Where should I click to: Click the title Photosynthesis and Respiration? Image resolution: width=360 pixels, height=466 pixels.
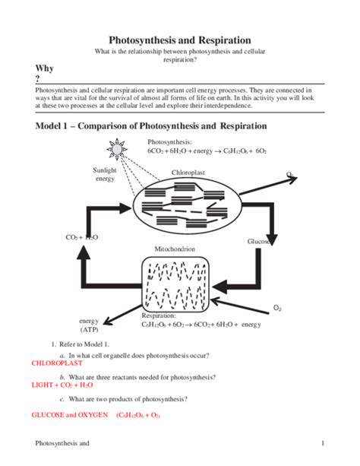coord(180,39)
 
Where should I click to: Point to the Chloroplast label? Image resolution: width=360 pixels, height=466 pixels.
coord(188,173)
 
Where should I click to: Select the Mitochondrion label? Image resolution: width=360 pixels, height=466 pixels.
coord(175,249)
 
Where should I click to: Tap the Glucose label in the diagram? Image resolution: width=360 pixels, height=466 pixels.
coord(259,242)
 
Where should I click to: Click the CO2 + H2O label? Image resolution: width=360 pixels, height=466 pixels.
coord(82,237)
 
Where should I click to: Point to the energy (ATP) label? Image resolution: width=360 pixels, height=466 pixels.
coord(89,325)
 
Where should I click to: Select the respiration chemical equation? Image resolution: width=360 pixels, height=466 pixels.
coord(201,325)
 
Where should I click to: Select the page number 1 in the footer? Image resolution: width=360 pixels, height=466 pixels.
coord(323,443)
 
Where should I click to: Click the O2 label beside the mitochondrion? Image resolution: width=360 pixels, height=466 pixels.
coord(277,309)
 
